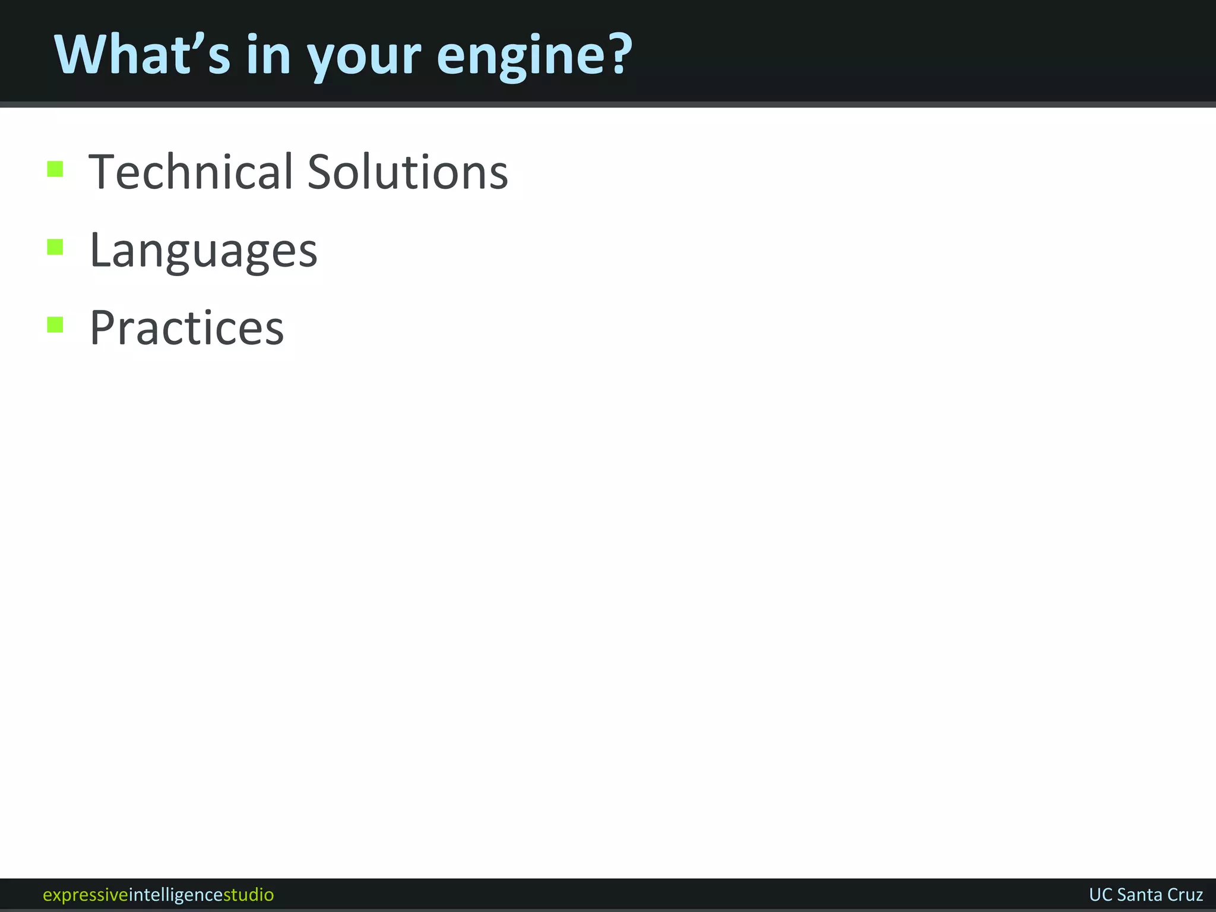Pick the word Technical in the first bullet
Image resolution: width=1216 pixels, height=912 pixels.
[192, 172]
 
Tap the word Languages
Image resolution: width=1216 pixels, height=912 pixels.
[203, 251]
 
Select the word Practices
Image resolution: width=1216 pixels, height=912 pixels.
[186, 328]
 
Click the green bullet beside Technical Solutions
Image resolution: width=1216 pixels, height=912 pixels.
[55, 169]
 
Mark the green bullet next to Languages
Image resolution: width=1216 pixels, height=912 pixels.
[55, 246]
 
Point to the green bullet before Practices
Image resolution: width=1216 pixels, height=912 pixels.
[55, 325]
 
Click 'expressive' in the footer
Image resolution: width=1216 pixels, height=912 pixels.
[85, 895]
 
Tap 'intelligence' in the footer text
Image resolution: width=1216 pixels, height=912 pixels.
[176, 895]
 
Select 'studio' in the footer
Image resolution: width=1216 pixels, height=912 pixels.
[248, 894]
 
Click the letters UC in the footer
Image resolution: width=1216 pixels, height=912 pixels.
[1100, 894]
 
